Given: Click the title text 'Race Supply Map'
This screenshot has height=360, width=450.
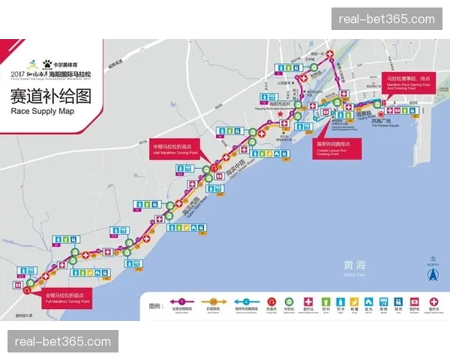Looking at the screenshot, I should (42, 111).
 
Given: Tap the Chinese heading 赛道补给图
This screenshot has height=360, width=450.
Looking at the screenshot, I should (50, 96).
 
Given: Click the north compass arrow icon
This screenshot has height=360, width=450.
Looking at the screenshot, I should (431, 274).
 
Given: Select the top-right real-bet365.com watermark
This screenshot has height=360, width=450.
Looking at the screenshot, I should (387, 19).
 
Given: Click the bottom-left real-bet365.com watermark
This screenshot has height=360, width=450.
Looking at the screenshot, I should (63, 342).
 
